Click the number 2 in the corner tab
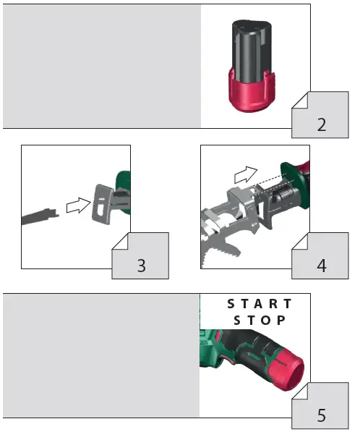[322, 124]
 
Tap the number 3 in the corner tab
[141, 266]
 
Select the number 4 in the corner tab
[322, 266]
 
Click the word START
[260, 304]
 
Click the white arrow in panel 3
[74, 206]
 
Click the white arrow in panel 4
[245, 173]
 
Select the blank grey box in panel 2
[101, 66]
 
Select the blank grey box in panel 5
[101, 355]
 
